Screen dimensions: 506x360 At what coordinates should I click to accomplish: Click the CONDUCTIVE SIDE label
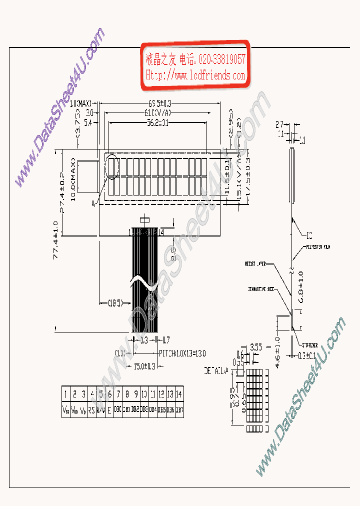(260, 289)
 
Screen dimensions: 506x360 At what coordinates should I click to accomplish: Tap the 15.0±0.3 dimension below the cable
(145, 366)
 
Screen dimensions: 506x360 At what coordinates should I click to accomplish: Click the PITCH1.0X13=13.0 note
(182, 353)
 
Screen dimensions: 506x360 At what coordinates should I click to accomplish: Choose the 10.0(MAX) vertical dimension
(73, 179)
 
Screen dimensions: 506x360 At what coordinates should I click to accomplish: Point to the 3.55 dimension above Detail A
(255, 346)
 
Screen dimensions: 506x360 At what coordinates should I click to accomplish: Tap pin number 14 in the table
(179, 393)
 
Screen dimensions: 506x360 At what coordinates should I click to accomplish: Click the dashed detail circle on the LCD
(111, 167)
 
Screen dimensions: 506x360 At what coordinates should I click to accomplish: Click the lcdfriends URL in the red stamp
(195, 75)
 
